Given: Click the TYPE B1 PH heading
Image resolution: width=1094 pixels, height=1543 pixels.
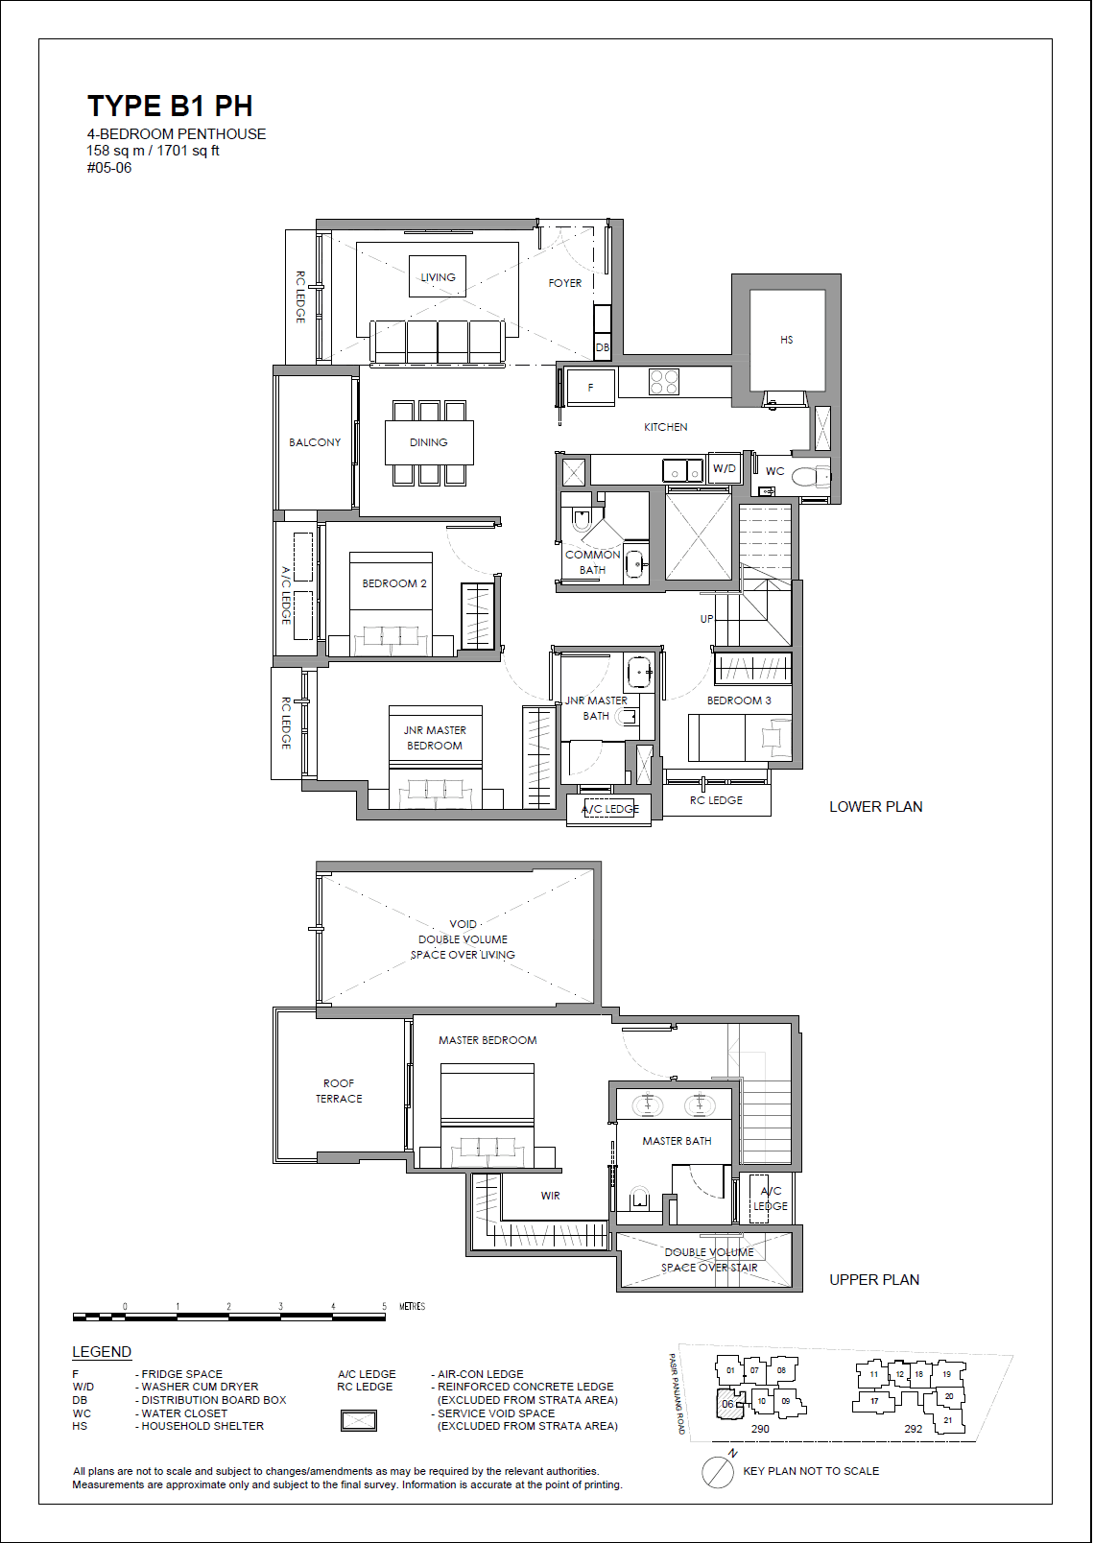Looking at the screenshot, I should [x=170, y=106].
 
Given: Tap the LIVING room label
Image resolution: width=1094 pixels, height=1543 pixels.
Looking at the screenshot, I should [x=438, y=277].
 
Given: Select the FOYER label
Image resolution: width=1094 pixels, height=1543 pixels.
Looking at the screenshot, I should [x=564, y=283].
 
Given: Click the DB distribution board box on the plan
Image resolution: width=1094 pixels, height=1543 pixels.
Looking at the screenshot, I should [x=602, y=347].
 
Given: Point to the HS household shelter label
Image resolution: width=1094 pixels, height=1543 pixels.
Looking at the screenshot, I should [x=786, y=340].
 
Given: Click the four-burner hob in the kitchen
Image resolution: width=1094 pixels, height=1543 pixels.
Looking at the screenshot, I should [x=664, y=382].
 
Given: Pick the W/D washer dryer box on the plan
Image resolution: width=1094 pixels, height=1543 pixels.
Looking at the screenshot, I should [x=725, y=468].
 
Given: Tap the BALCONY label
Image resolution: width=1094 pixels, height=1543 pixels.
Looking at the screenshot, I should [x=315, y=442].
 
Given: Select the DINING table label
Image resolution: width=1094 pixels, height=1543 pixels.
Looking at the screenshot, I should [x=428, y=442].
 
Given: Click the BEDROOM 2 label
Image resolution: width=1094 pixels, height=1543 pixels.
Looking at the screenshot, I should [x=393, y=583].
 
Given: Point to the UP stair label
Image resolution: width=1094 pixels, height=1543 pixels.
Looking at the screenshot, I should [x=706, y=619].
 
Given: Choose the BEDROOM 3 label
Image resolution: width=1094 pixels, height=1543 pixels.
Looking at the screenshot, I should [x=739, y=700].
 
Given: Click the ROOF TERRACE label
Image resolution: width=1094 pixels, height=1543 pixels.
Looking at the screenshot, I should [x=339, y=1091].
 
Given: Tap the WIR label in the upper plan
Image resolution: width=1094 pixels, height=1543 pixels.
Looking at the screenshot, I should [x=550, y=1196].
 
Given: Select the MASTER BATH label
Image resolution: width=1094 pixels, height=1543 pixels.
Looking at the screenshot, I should [x=677, y=1141].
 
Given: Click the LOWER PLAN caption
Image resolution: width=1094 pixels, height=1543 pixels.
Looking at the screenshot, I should [x=875, y=807].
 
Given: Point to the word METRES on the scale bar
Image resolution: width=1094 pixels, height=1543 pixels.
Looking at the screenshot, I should [x=412, y=1306].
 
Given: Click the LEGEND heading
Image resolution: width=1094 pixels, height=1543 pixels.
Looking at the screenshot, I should [x=102, y=1352].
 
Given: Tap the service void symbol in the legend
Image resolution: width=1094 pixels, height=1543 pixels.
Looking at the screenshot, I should [x=359, y=1421].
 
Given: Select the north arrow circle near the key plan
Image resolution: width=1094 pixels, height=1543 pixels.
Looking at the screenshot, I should [x=717, y=1472].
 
